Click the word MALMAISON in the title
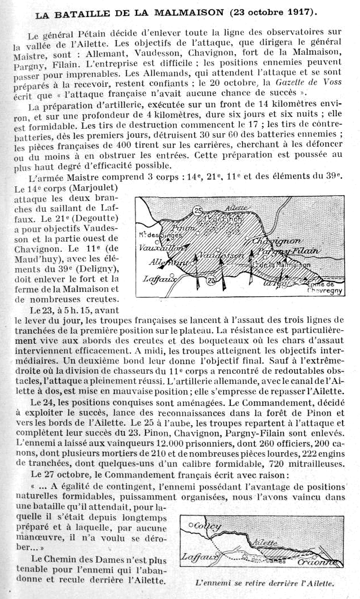pyautogui.click(x=174, y=12)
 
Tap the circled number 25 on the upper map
pyautogui.click(x=196, y=211)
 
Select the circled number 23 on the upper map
pyautogui.click(x=211, y=280)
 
